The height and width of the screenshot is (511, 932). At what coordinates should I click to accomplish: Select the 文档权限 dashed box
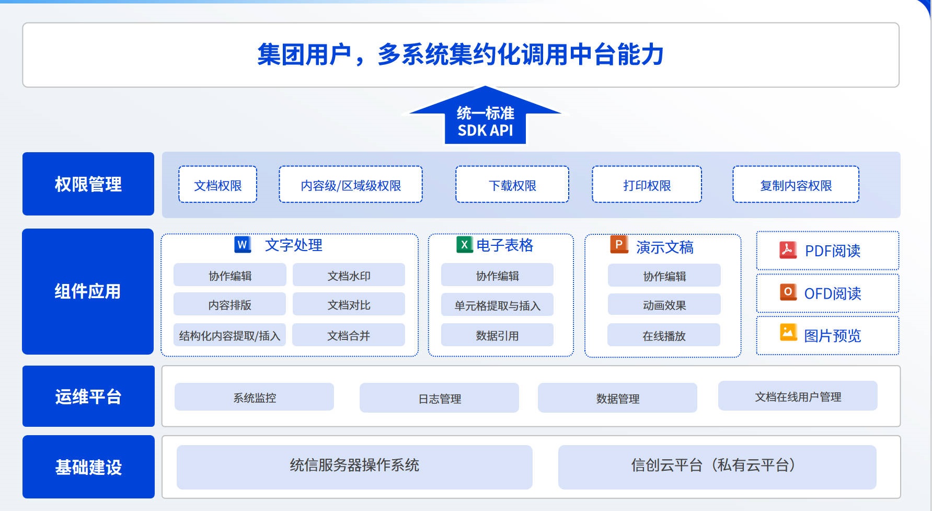click(x=217, y=184)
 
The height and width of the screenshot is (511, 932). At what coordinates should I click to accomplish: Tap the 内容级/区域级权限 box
click(x=350, y=184)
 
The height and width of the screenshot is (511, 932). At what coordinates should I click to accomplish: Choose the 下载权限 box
click(x=512, y=184)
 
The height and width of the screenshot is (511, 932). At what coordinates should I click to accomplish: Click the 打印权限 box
click(x=647, y=184)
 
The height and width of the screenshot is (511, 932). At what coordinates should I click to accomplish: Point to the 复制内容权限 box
click(x=796, y=184)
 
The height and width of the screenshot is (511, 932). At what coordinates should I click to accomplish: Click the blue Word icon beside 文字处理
click(x=243, y=244)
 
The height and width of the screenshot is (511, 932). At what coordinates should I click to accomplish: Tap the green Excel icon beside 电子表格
click(x=464, y=244)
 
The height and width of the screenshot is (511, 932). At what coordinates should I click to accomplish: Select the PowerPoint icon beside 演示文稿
click(x=619, y=245)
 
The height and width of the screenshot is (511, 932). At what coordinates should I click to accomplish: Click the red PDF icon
click(x=788, y=250)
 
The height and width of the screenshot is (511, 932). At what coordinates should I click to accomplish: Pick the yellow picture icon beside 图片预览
click(x=788, y=332)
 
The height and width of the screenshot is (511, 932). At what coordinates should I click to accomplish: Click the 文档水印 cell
click(x=349, y=275)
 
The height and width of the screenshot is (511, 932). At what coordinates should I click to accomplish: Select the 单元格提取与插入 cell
click(x=497, y=305)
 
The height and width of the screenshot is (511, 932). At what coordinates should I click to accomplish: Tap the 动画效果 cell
click(x=664, y=304)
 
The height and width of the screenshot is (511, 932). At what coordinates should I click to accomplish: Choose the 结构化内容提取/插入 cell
click(x=229, y=335)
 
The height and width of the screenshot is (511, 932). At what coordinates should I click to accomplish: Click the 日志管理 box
click(x=439, y=398)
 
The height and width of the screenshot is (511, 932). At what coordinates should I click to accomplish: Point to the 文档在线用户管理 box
click(x=798, y=396)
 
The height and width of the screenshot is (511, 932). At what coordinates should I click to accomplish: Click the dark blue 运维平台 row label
click(x=88, y=396)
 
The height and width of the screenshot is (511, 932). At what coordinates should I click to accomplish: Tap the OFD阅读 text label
click(x=833, y=293)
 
